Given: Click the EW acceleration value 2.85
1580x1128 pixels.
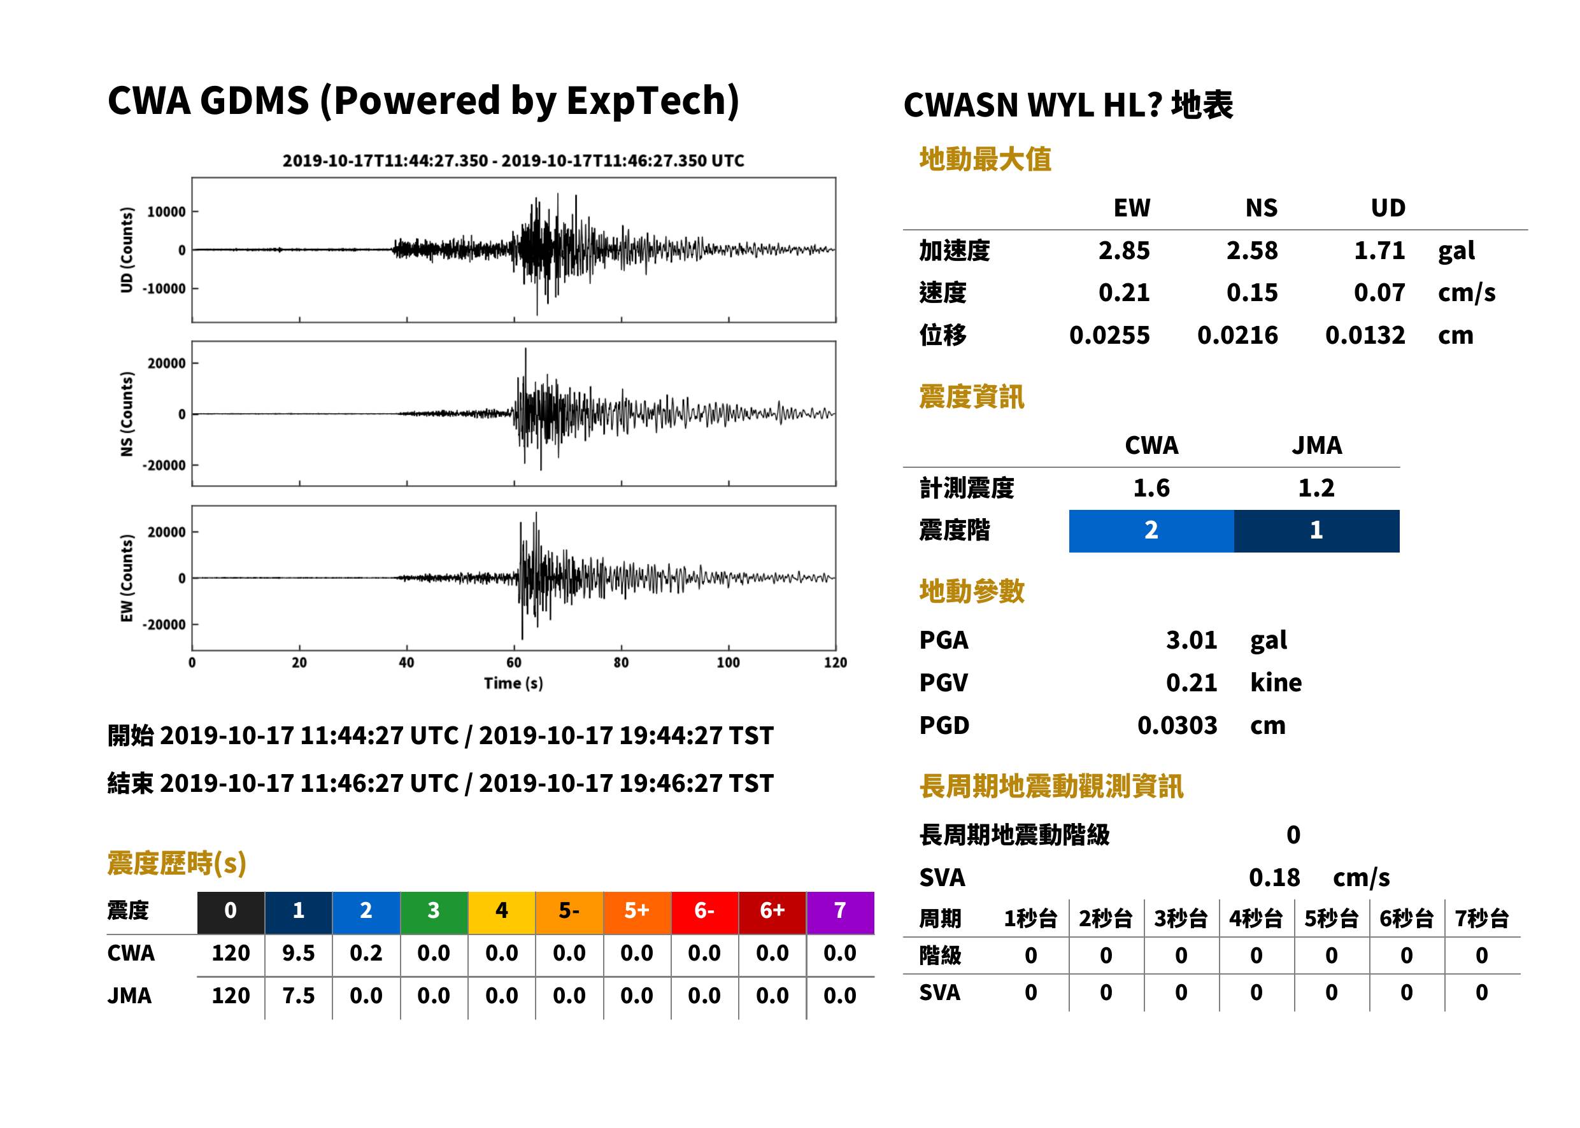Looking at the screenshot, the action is click(x=1123, y=251).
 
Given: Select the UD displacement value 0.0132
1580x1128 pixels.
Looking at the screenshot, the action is click(x=1365, y=335).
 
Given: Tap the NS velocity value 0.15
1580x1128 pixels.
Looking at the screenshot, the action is click(x=1251, y=293).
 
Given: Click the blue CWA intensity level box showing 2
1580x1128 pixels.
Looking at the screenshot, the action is click(x=1151, y=531).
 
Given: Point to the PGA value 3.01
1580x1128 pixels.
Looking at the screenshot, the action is click(x=1192, y=640).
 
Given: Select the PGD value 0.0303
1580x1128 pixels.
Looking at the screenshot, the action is click(x=1177, y=725).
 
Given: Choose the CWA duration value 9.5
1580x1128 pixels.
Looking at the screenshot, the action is click(x=298, y=953).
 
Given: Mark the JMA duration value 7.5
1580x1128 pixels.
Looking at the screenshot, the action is click(x=298, y=996).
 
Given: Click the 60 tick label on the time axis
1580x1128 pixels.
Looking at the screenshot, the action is click(x=513, y=663).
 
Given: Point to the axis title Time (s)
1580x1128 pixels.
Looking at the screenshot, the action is click(x=513, y=684).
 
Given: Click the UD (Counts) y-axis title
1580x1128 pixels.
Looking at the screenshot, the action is click(x=127, y=250).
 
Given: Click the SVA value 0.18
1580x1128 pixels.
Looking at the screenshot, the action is click(x=1274, y=877).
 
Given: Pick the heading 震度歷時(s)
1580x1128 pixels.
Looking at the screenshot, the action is click(x=177, y=863).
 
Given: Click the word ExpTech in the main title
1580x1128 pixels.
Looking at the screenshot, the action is click(x=648, y=100).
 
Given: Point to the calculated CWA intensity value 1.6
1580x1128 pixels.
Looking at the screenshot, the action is click(x=1151, y=488).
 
